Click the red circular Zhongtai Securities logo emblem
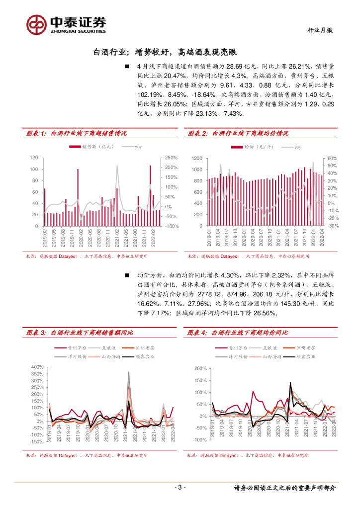36,23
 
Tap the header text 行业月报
319,30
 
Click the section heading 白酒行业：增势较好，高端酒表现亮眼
165,52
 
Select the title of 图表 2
238,133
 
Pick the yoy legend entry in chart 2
293,147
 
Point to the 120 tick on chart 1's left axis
34,158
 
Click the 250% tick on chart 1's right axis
172,158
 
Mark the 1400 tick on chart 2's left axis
196,158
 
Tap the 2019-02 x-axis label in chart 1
44,238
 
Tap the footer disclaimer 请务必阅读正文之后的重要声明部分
285,488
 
